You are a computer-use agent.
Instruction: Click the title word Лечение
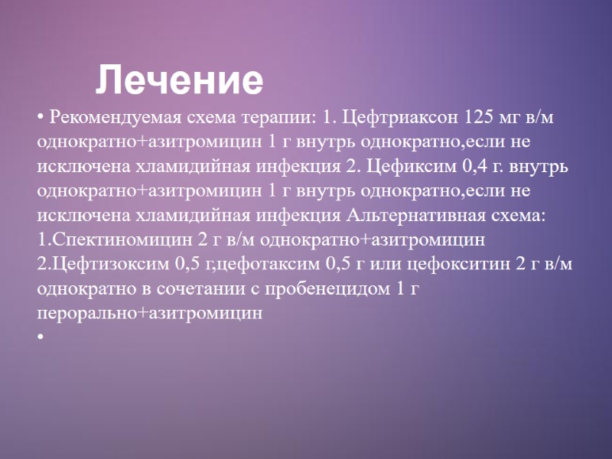pyautogui.click(x=180, y=80)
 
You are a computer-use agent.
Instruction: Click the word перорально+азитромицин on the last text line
pyautogui.click(x=150, y=313)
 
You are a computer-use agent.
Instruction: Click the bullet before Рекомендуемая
pyautogui.click(x=40, y=119)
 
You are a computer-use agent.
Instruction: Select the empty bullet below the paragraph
pyautogui.click(x=40, y=337)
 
